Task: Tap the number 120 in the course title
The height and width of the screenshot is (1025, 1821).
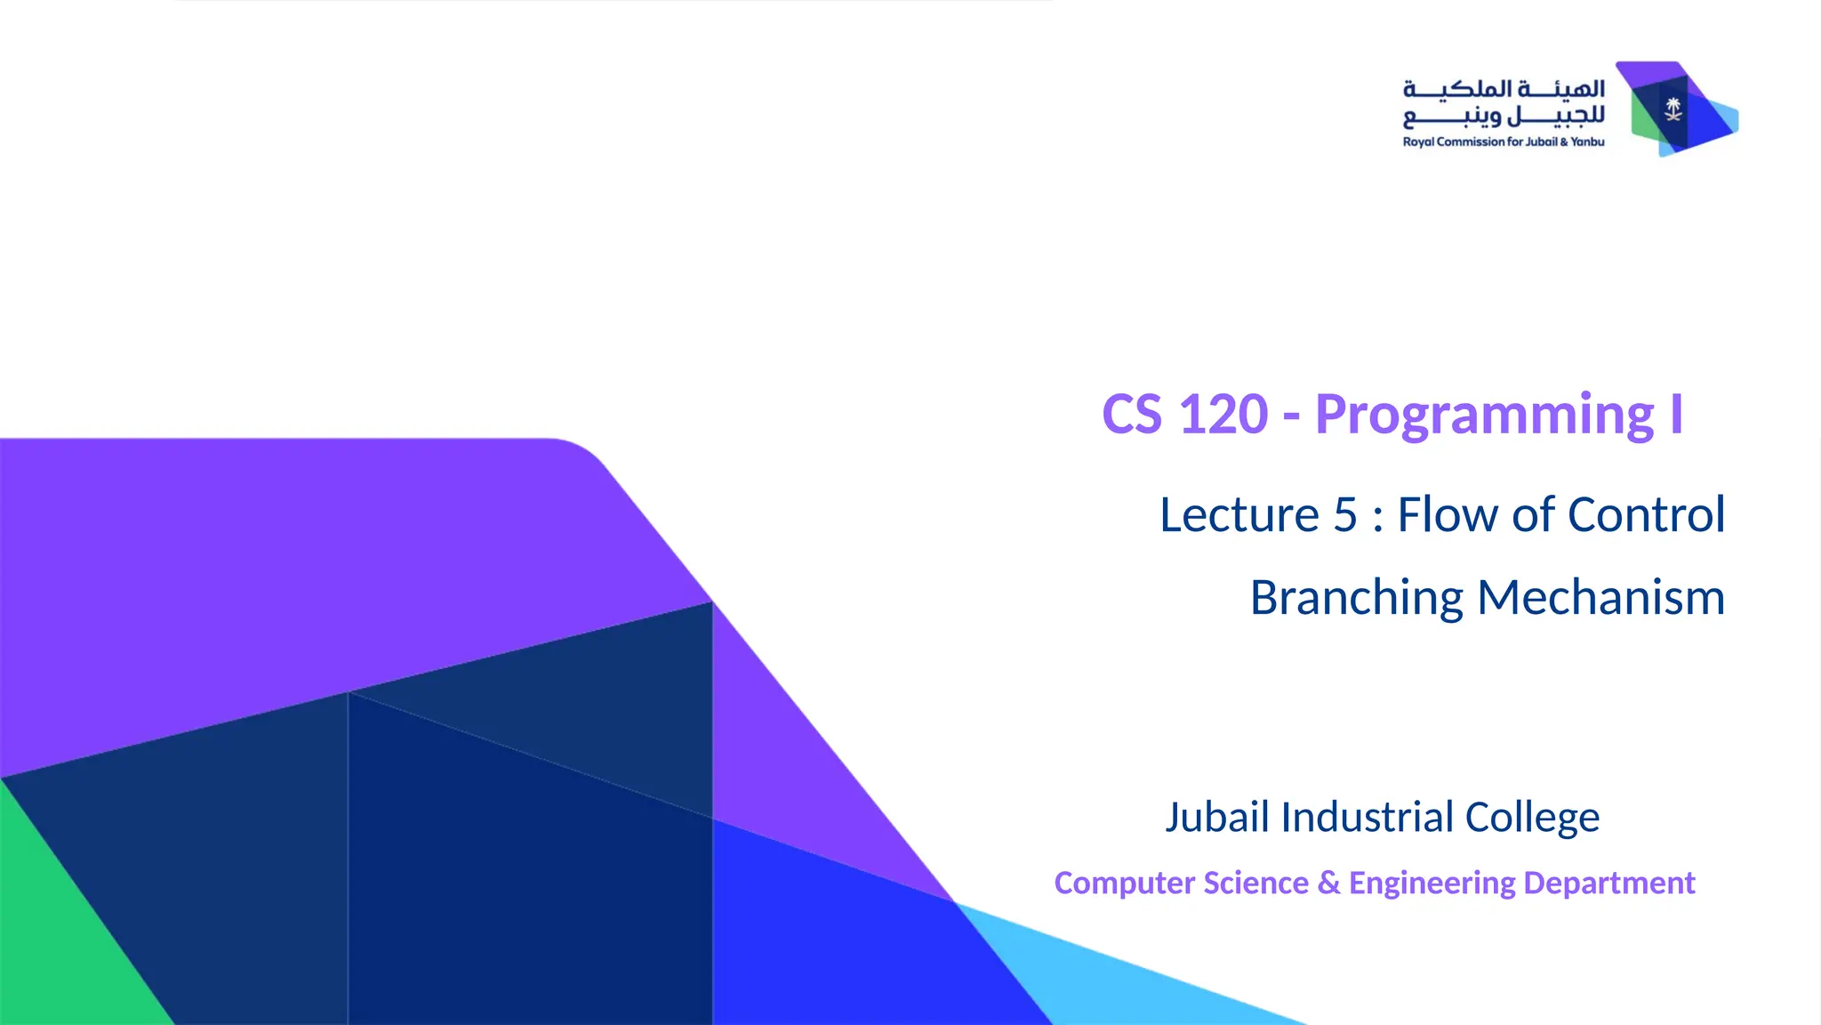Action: [x=1223, y=415]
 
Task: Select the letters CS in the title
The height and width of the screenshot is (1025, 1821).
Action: [x=1132, y=415]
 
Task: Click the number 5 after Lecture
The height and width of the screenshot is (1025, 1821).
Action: [x=1345, y=515]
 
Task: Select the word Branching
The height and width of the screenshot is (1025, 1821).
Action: [x=1356, y=598]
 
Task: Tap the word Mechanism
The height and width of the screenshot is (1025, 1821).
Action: [x=1600, y=598]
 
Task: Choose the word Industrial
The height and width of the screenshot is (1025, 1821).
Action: [x=1367, y=817]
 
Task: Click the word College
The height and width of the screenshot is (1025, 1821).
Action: [x=1532, y=817]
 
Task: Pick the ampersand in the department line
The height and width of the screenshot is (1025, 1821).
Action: [x=1328, y=883]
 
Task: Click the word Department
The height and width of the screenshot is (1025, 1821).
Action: [x=1609, y=883]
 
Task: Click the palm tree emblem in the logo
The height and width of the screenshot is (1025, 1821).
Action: [x=1673, y=109]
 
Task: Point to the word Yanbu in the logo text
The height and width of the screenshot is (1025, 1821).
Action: [x=1587, y=142]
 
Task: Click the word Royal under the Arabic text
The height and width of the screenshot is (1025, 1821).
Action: [x=1418, y=142]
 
